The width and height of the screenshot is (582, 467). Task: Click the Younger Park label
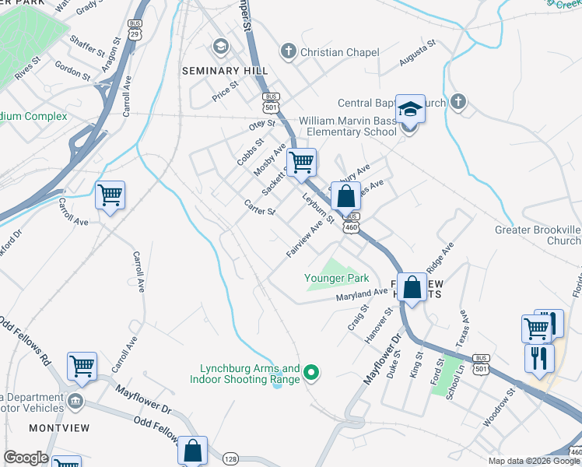coord(336,278)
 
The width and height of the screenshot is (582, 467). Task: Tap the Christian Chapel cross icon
coord(289,52)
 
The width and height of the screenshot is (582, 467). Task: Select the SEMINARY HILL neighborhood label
coord(220,71)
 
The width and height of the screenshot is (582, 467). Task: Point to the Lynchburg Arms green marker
coord(311,374)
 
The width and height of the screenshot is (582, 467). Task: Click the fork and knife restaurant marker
coord(538,357)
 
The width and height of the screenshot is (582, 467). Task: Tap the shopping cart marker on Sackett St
coord(300,163)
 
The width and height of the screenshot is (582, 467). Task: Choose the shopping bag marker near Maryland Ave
coord(412,287)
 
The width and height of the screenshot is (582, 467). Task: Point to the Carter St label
coord(260,207)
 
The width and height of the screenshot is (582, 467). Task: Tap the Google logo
coord(25,458)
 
